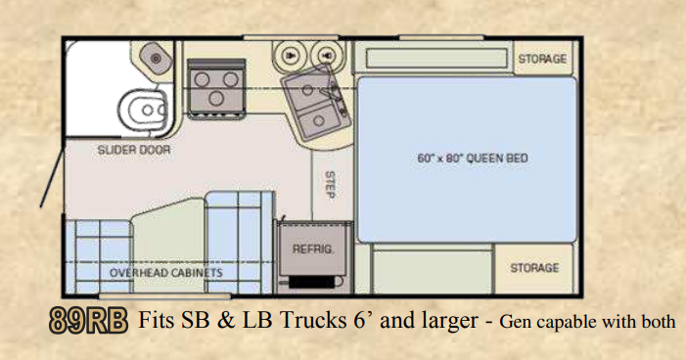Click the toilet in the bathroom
pos(143,109)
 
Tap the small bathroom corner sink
pos(156,58)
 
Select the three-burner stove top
pos(215,88)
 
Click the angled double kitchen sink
pos(316,104)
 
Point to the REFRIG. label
pos(312,249)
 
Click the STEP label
pos(331,185)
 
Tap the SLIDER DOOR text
pos(134,150)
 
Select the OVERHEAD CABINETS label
pos(165,273)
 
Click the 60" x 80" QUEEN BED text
pos(473,157)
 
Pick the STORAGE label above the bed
pos(542,59)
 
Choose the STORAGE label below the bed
pos(534,267)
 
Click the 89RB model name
pos(88,321)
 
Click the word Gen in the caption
pos(514,323)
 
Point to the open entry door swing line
pos(53,177)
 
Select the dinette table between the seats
pos(168,246)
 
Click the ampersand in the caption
pos(225,321)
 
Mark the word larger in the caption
pos(450,322)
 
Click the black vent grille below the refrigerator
pos(312,282)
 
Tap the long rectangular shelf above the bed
pos(436,58)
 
